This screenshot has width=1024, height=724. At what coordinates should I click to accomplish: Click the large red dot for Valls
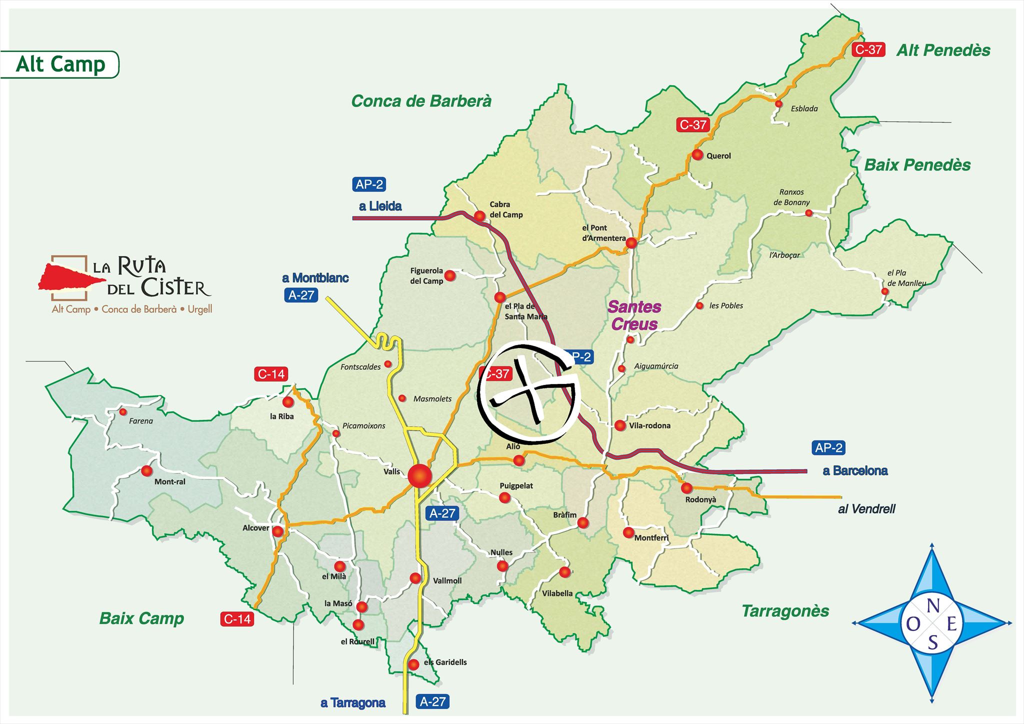tap(419, 475)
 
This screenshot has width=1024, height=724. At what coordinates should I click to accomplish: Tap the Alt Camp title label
tap(60, 64)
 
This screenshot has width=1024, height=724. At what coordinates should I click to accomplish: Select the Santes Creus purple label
tap(634, 315)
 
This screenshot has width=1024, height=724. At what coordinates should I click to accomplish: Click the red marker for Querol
tap(697, 155)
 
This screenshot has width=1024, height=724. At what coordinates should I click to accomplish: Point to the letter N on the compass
tap(932, 606)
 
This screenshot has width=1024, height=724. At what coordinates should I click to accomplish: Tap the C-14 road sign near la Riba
tap(271, 374)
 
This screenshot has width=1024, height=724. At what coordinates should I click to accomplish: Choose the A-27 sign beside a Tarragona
tap(432, 701)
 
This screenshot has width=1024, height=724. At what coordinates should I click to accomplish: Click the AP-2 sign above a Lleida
tap(369, 184)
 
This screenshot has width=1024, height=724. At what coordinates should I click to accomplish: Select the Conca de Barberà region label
tap(421, 101)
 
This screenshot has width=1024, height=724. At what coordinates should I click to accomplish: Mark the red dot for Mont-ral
tap(146, 471)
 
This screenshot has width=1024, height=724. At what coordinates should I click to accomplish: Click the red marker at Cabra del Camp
tap(479, 216)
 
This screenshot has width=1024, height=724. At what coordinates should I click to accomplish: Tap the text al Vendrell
tap(866, 509)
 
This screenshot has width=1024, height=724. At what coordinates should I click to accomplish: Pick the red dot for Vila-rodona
tap(620, 425)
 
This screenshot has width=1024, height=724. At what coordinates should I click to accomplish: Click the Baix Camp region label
tap(141, 618)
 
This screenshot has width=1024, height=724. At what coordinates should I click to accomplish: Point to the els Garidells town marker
tap(413, 665)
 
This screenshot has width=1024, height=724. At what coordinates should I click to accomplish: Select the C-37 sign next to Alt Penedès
tap(868, 49)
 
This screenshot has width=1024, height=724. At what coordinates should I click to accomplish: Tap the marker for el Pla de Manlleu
tap(885, 291)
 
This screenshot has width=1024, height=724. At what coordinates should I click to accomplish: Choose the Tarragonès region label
tap(785, 611)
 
